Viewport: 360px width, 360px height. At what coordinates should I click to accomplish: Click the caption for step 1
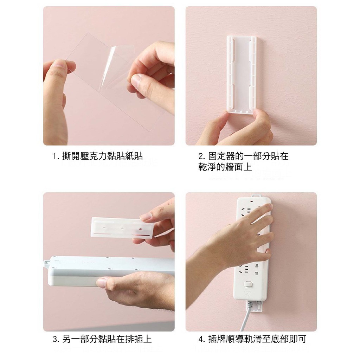click(98, 156)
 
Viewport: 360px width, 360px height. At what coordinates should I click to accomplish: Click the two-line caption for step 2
click(243, 161)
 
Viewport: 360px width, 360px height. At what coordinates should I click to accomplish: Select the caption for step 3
click(102, 339)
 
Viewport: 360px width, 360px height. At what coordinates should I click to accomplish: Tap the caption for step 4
click(252, 339)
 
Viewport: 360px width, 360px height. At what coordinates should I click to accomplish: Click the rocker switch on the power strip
click(248, 284)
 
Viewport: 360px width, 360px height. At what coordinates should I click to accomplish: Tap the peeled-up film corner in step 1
click(107, 69)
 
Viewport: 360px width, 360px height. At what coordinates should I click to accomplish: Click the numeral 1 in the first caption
click(54, 156)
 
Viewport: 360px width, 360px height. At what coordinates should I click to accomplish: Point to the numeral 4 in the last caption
click(200, 339)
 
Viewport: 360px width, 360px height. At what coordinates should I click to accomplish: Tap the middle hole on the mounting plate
click(122, 229)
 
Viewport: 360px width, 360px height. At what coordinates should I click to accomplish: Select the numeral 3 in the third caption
click(55, 339)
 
